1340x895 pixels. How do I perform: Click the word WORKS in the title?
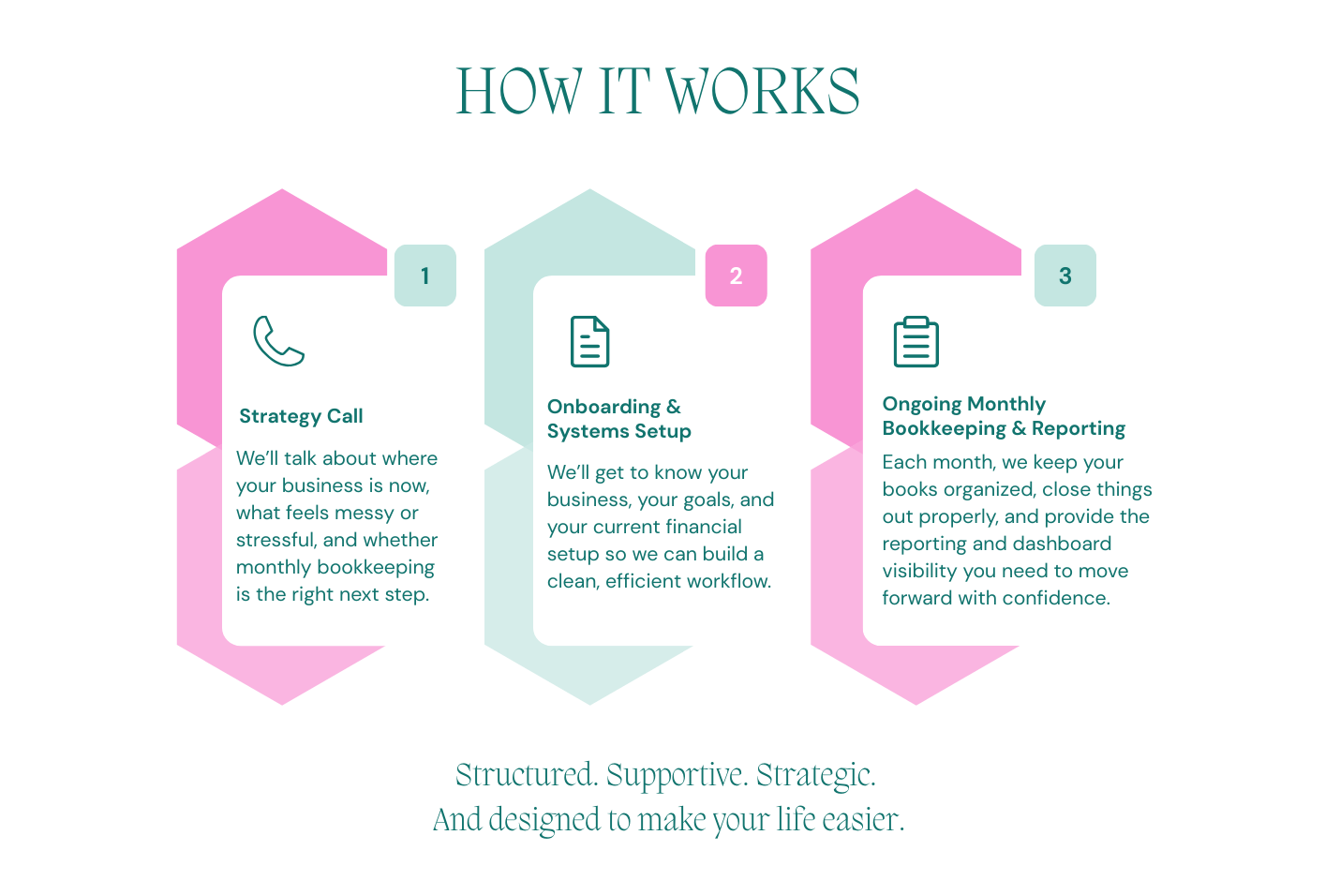click(x=763, y=91)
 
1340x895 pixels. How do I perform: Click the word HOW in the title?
click(x=519, y=91)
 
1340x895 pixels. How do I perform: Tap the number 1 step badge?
click(x=425, y=276)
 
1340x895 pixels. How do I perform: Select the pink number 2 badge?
click(x=736, y=276)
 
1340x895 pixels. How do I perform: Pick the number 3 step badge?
click(x=1065, y=276)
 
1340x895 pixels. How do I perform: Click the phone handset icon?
click(x=278, y=341)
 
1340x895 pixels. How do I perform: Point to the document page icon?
click(x=589, y=341)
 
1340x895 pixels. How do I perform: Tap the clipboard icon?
click(x=916, y=341)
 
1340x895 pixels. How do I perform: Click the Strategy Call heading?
click(x=301, y=416)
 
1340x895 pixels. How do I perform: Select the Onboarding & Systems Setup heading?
click(x=619, y=419)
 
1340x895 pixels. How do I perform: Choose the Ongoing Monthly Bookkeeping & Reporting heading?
click(x=1004, y=416)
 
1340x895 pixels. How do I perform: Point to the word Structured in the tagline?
click(x=527, y=774)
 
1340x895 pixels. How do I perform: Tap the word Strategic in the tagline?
click(x=816, y=775)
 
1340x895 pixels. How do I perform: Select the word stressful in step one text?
click(x=275, y=540)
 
